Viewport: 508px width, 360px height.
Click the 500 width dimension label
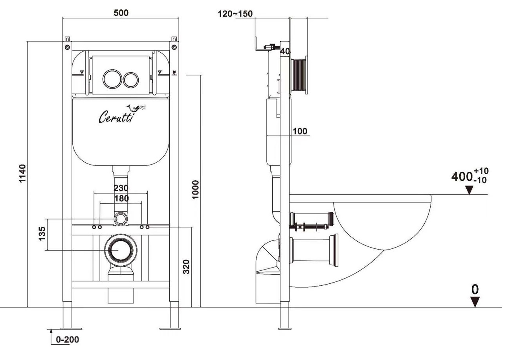coord(121,13)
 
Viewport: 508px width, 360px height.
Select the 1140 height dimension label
coord(22,173)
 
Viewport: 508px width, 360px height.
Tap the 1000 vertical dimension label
coord(195,190)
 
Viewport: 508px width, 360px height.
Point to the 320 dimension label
coord(186,267)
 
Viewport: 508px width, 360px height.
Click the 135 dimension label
coord(42,234)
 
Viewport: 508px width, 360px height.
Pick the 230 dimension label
coord(121,188)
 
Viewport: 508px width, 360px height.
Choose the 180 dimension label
coord(121,198)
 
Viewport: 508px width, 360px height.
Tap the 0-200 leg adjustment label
coord(67,340)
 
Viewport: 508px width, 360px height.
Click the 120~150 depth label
coord(235,14)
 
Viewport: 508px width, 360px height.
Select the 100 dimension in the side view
coord(300,131)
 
